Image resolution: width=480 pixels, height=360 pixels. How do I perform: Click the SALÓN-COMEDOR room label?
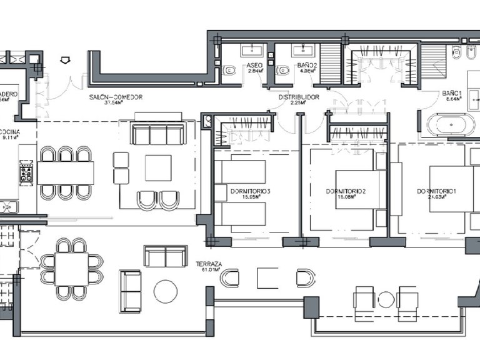point(116,97)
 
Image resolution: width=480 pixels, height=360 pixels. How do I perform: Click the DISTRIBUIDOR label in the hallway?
point(299,97)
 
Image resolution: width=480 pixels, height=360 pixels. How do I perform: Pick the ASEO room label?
point(254,65)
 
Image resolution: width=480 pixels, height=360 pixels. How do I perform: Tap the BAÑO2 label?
point(305,65)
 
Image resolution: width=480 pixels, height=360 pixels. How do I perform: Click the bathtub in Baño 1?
point(446,124)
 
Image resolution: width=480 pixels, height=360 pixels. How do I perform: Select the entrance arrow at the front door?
point(64,60)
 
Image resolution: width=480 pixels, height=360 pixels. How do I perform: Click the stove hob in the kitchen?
point(27,171)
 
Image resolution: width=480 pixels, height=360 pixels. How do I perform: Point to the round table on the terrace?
point(166,291)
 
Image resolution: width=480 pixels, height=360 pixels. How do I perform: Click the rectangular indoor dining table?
point(66,173)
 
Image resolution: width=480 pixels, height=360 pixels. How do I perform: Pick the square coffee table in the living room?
point(158,167)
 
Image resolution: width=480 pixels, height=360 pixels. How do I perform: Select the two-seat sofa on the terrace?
point(165,256)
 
